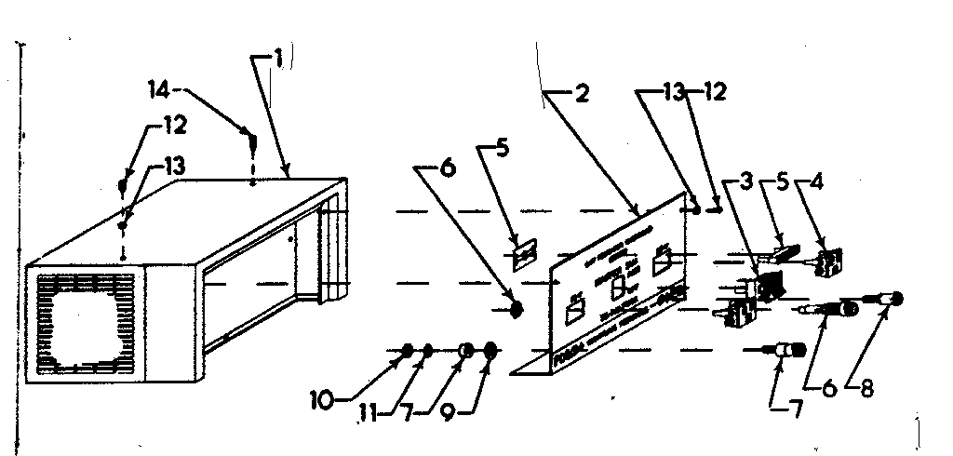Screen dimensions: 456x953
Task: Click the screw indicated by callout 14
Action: (251, 141)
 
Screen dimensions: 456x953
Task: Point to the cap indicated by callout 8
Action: (895, 299)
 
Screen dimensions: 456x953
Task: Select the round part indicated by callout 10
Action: (407, 350)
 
